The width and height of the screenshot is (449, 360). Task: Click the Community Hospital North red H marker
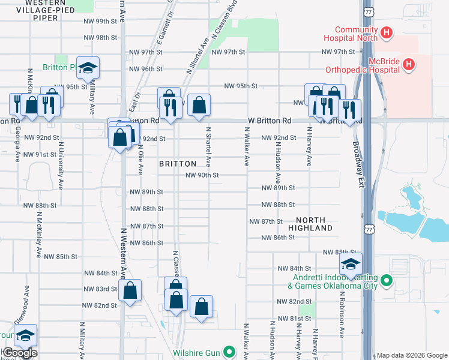[x=387, y=32]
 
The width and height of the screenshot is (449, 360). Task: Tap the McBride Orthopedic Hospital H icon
[x=409, y=64]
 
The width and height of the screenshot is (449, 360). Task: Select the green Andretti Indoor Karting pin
[x=387, y=280]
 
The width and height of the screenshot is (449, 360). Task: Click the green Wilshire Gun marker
[x=228, y=352]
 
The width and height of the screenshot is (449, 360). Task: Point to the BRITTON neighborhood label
[x=178, y=164]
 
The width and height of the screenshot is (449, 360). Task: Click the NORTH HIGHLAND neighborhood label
[x=310, y=224]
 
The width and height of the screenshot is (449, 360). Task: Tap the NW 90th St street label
[x=201, y=175]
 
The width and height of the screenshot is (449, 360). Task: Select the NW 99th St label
[x=100, y=21]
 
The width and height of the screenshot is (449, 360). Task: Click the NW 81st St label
[x=291, y=318]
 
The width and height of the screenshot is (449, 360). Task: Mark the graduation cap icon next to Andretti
[x=350, y=263]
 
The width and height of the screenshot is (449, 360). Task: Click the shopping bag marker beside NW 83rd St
[x=130, y=291]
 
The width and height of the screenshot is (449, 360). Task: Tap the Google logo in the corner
[x=19, y=353]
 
